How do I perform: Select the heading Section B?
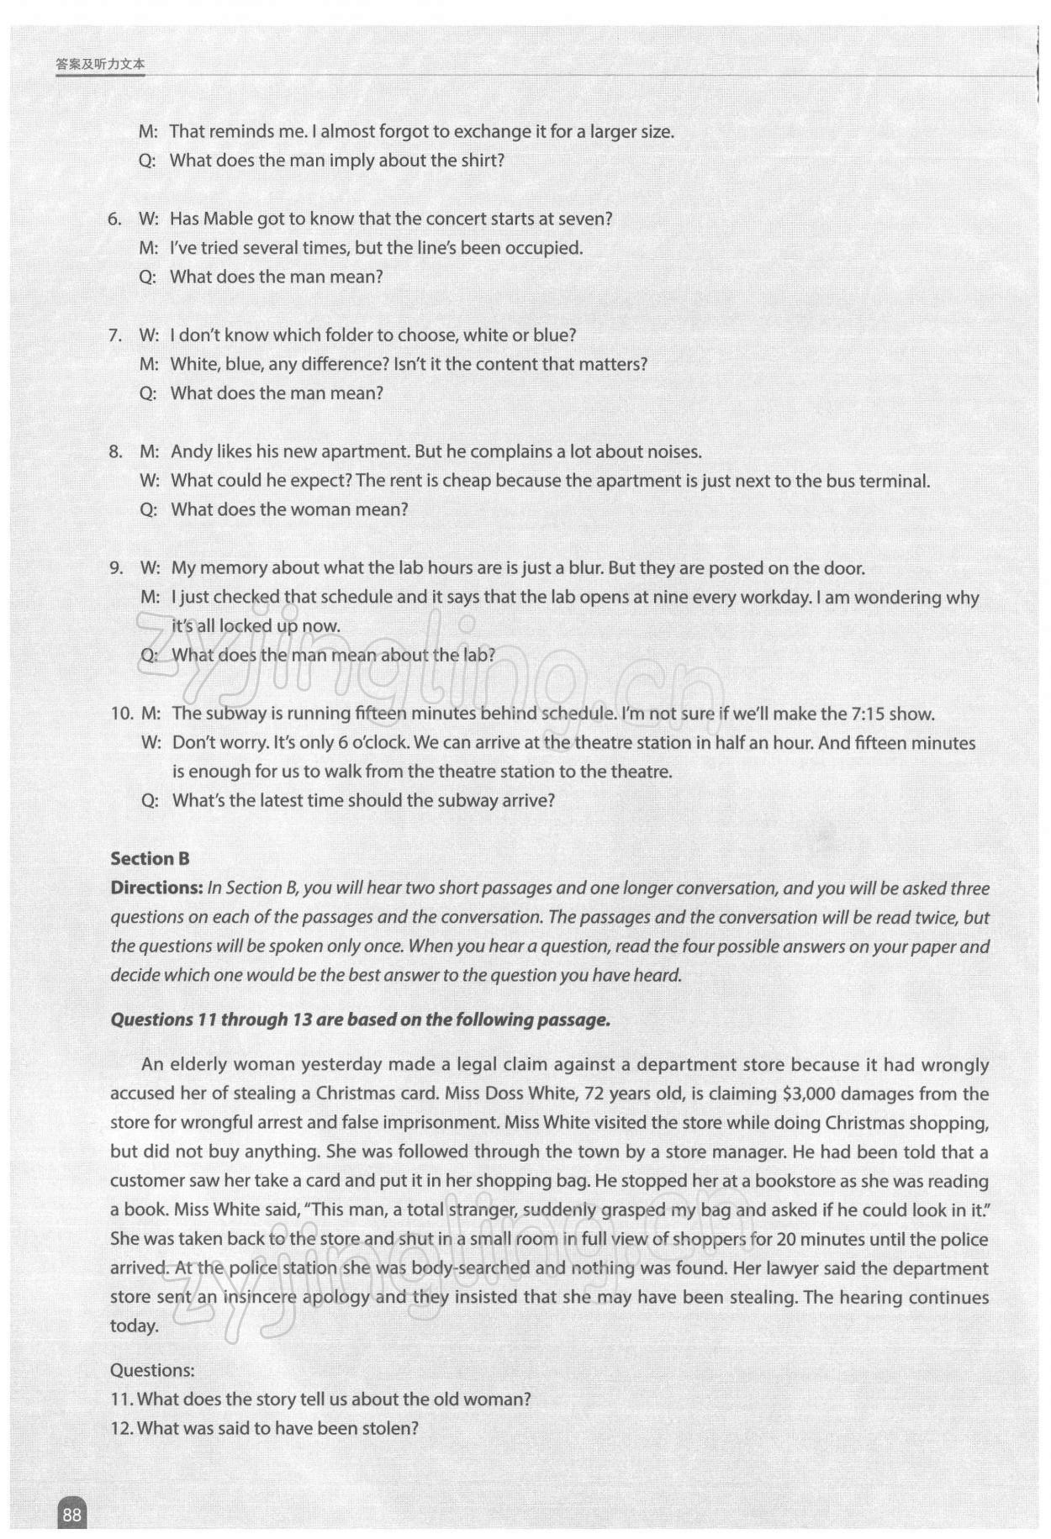tap(150, 858)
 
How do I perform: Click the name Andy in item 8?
tap(191, 451)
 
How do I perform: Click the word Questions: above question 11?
tap(152, 1370)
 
